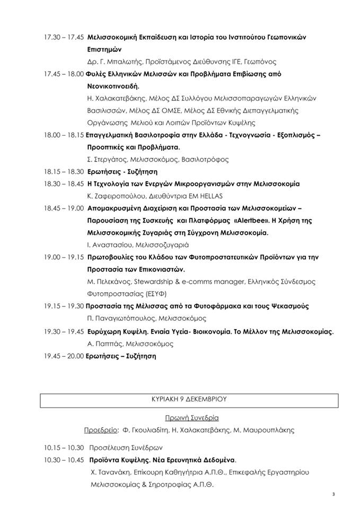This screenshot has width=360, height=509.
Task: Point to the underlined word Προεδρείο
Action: pos(101,429)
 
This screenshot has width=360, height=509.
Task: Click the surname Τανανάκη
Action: pos(115,472)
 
